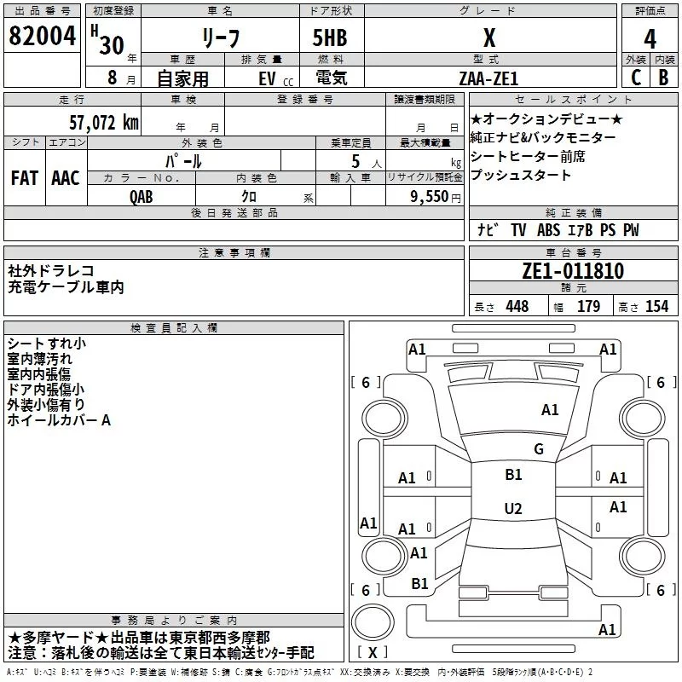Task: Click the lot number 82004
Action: click(40, 38)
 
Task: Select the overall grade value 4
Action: click(650, 39)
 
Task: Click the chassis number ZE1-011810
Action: click(573, 272)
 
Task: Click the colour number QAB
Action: click(142, 195)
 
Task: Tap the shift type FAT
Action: click(24, 178)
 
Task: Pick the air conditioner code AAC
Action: click(65, 178)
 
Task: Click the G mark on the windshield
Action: click(538, 449)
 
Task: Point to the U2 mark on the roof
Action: click(513, 509)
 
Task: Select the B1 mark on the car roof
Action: click(513, 475)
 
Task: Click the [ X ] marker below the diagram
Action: click(373, 652)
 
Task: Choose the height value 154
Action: click(656, 307)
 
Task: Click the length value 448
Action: click(517, 307)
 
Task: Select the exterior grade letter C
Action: click(635, 78)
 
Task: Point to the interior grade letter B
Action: click(663, 78)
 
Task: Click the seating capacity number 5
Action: click(354, 160)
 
